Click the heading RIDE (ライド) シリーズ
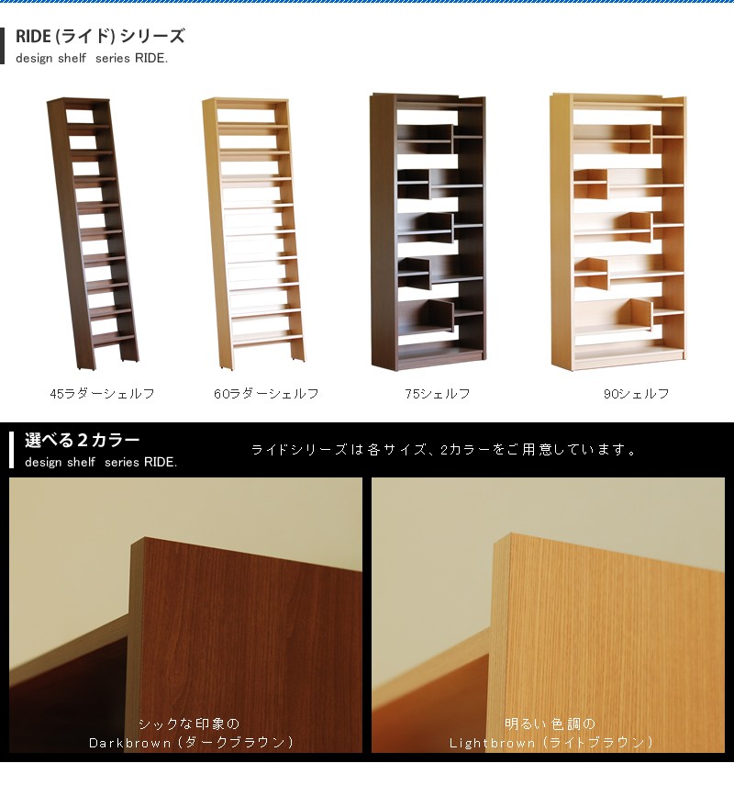[x=100, y=37]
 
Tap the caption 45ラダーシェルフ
[x=102, y=394]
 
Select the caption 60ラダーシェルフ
[x=266, y=394]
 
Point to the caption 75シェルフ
[x=438, y=394]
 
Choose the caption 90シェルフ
[x=636, y=394]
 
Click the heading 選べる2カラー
[x=83, y=441]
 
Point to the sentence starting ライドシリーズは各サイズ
[x=444, y=450]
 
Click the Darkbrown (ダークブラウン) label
[x=192, y=742]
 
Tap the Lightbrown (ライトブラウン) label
[x=551, y=742]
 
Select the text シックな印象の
[x=188, y=724]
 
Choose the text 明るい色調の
[x=550, y=724]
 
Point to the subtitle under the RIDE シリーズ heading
[x=92, y=59]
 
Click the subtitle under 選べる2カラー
[x=101, y=462]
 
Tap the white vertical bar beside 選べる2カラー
[x=11, y=450]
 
